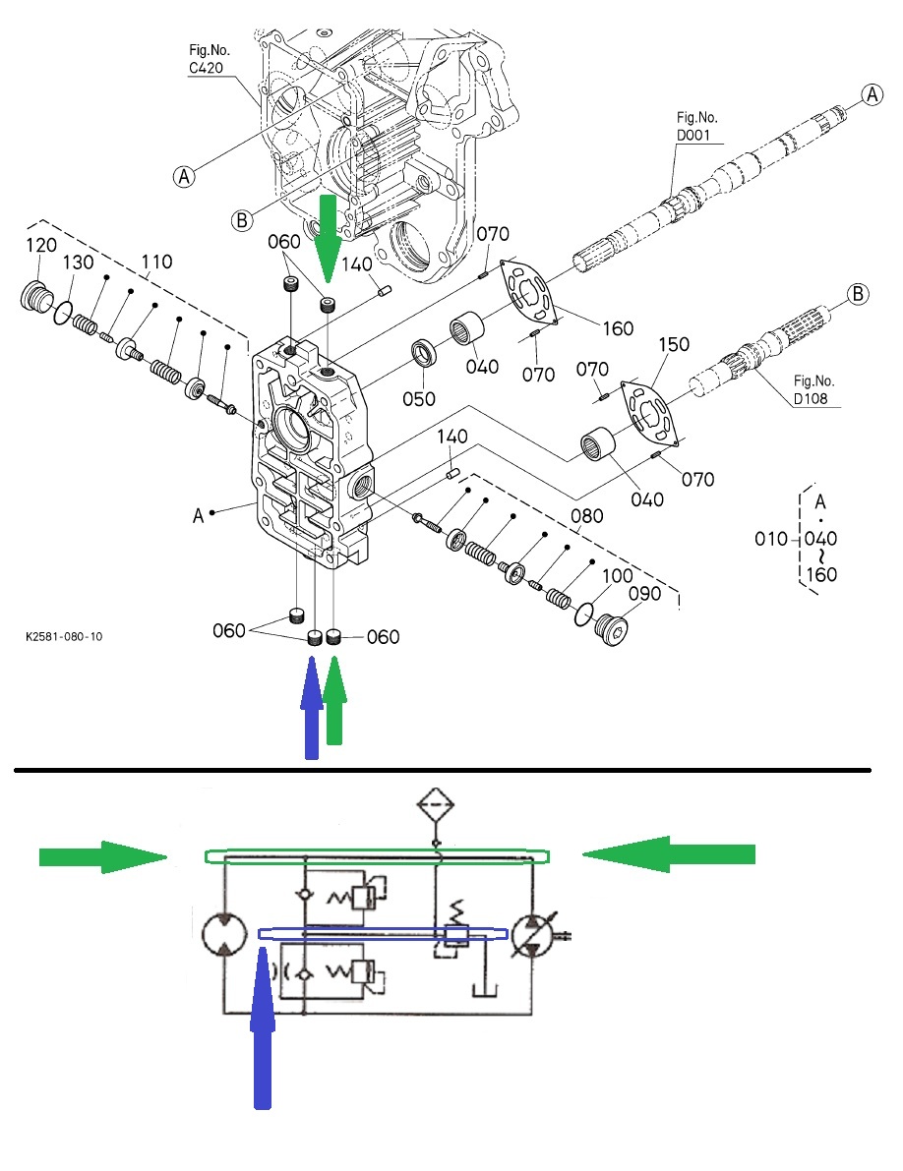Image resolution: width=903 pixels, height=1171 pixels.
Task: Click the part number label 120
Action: (40, 246)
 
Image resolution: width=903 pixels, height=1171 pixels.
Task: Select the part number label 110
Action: (156, 262)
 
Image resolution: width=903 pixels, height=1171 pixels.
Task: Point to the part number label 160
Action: (619, 328)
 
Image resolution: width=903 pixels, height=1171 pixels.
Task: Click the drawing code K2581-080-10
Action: (64, 637)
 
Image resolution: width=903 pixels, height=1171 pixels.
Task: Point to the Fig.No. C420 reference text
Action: (208, 57)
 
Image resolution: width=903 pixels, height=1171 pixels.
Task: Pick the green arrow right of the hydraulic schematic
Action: (669, 853)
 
